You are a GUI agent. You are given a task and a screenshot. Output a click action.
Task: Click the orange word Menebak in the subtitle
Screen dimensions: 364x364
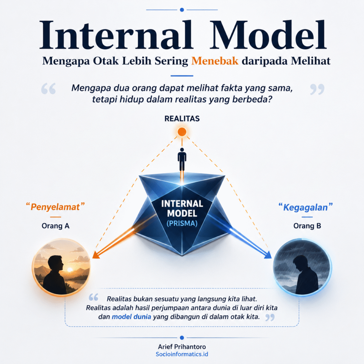coord(215,61)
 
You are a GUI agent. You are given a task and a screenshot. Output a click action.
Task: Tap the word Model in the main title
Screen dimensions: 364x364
coord(268,35)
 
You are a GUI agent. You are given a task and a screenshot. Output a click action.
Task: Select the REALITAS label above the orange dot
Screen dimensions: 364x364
coord(182,119)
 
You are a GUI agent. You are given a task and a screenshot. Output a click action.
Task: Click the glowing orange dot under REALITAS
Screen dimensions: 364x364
coord(182,132)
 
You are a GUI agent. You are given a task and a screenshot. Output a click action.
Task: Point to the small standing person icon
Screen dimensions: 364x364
coord(182,160)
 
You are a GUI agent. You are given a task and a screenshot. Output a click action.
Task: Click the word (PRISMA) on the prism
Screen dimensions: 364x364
coord(182,223)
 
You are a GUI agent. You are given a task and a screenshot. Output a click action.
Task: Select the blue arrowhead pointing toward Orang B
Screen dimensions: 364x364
coord(268,255)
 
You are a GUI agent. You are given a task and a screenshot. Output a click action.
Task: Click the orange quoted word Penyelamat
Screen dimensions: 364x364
coord(55,207)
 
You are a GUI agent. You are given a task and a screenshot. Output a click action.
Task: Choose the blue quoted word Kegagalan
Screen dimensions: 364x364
coord(305,207)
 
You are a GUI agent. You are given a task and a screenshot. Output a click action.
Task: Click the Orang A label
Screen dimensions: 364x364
coord(55,226)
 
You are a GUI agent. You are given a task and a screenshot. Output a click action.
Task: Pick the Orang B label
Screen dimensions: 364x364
coord(307,226)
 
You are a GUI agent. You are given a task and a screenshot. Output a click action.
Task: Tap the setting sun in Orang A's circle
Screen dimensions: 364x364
coord(70,269)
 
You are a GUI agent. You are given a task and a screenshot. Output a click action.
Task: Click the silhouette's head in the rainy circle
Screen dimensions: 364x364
coord(300,262)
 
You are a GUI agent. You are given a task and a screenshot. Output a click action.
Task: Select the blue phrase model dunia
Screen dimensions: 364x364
coord(132,317)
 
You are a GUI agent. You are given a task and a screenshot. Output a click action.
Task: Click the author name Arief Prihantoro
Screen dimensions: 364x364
coord(182,347)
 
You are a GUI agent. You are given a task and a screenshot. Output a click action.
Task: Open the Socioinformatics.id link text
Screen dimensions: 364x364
coord(182,354)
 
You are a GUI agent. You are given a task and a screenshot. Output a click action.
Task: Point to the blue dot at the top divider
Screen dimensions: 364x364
coord(182,10)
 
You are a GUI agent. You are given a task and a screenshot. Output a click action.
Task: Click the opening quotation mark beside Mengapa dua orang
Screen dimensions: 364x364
coord(48,89)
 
